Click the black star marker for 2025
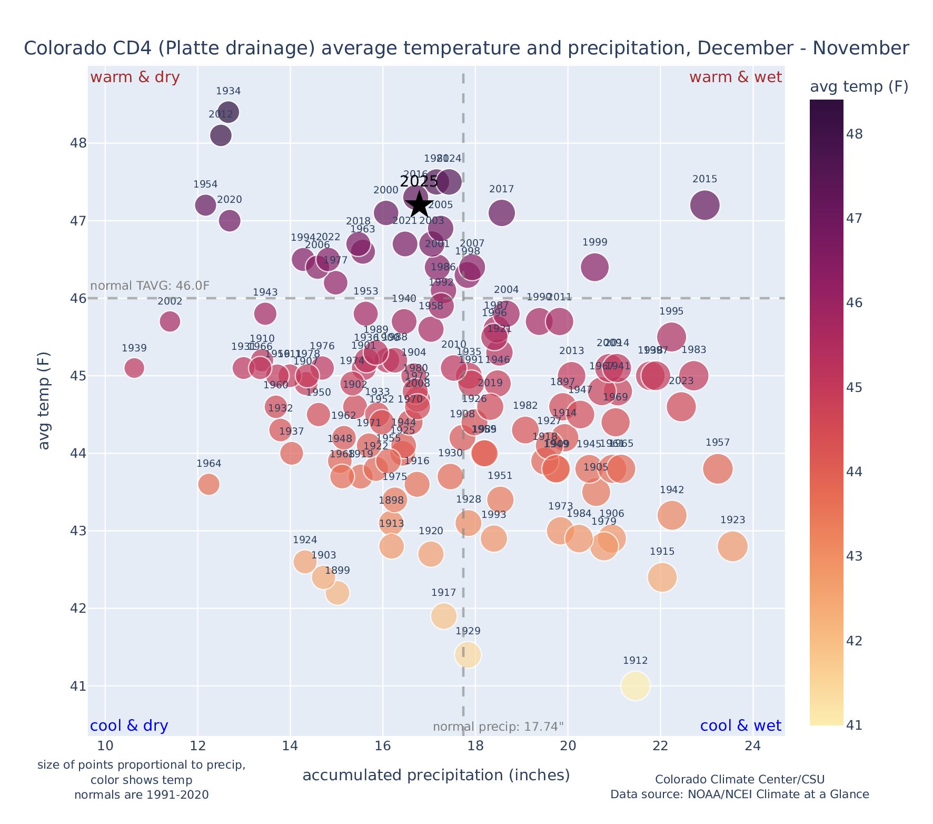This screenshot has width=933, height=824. [x=419, y=204]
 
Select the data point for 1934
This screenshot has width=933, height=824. [x=229, y=112]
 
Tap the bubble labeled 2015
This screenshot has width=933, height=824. [x=704, y=205]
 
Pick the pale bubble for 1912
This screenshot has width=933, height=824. [x=635, y=685]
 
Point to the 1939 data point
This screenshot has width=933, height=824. [x=134, y=367]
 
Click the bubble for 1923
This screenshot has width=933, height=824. [x=732, y=546]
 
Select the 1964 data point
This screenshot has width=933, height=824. [x=209, y=484]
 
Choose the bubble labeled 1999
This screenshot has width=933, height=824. [x=594, y=267]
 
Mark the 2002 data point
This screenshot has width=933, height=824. [x=170, y=321]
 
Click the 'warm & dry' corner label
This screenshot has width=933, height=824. [x=135, y=77]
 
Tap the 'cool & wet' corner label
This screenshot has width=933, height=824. [x=740, y=725]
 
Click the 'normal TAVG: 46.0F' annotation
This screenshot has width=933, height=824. [x=150, y=286]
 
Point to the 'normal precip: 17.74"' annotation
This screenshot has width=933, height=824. [x=498, y=727]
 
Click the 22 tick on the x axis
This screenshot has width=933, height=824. [x=660, y=746]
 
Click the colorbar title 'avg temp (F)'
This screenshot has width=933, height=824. [x=859, y=86]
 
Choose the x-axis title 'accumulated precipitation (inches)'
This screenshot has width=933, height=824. [x=436, y=775]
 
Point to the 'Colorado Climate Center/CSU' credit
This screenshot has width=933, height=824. [x=739, y=779]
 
